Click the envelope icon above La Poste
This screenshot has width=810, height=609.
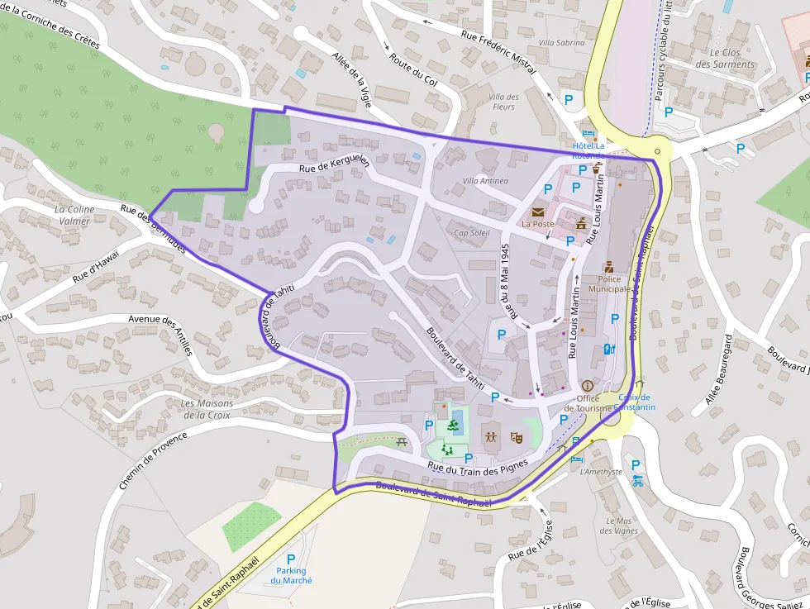[x=538, y=212]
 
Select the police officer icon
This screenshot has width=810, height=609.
[x=609, y=267]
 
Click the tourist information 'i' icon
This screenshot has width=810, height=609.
[x=588, y=386]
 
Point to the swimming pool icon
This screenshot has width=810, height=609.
[x=452, y=427]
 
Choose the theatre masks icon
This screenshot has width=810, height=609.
[x=517, y=435]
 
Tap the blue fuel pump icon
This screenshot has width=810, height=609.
[x=609, y=349]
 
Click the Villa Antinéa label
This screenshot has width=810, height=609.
[x=485, y=180]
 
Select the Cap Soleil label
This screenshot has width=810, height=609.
[x=472, y=233]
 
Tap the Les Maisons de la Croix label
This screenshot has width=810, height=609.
[x=206, y=409]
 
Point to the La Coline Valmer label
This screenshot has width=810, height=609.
[x=74, y=215]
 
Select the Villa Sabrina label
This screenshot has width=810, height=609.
[x=561, y=42]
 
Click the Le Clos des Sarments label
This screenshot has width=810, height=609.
[x=725, y=58]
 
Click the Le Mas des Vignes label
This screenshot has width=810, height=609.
[x=619, y=526]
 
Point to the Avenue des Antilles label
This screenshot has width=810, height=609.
[x=162, y=331]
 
